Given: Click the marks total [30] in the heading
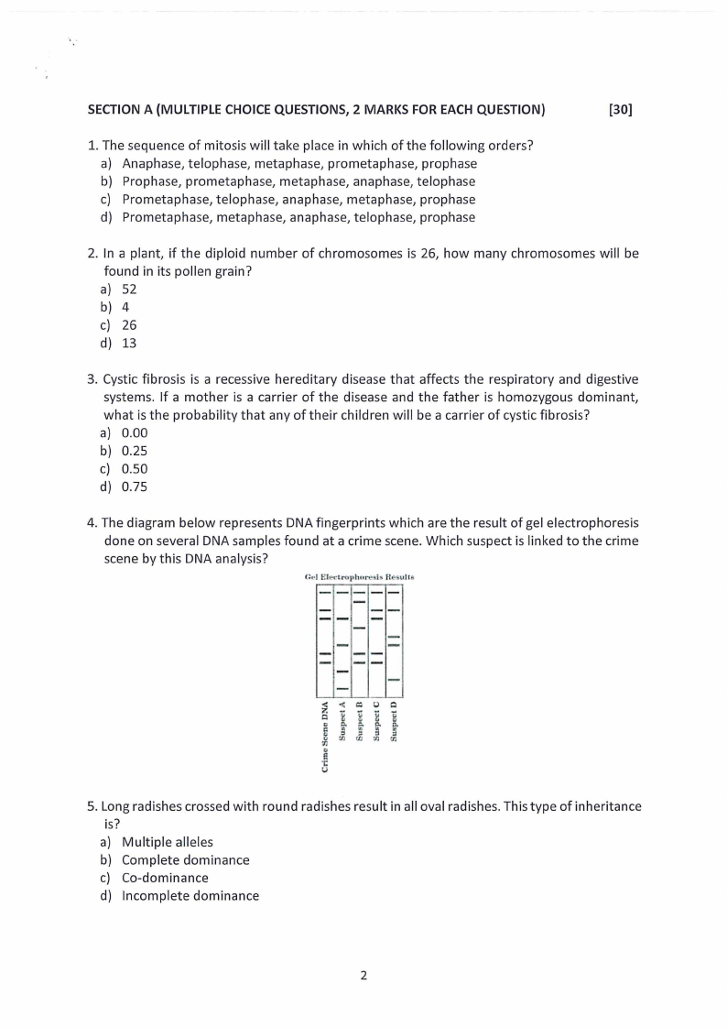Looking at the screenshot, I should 620,110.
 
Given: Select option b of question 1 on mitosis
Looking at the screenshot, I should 298,181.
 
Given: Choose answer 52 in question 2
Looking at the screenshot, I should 129,289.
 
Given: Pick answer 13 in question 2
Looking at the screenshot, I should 129,343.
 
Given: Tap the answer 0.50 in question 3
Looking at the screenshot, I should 135,468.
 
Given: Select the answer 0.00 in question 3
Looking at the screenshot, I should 135,432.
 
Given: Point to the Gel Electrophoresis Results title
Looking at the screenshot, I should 359,577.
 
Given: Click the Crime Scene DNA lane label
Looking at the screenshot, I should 325,738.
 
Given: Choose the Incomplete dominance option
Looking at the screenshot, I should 190,895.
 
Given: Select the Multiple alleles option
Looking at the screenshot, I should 168,842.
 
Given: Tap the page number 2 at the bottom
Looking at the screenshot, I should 363,975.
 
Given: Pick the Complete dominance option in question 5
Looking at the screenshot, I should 185,859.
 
